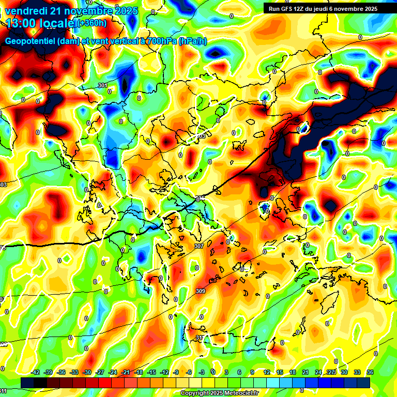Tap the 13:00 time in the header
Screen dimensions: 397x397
22,23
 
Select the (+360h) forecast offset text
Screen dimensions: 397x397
92,23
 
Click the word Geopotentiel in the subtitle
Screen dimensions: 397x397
29,41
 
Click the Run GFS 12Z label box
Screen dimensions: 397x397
323,9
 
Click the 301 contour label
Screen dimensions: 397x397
102,85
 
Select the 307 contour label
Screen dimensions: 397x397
199,247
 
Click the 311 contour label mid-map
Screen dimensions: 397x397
201,338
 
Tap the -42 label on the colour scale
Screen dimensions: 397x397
36,372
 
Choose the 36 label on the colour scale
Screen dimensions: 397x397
370,372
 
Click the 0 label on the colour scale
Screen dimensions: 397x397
213,372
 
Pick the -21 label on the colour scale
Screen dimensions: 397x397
126,372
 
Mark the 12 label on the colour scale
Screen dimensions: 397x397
266,372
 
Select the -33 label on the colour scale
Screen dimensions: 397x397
74,372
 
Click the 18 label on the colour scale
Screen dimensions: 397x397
292,372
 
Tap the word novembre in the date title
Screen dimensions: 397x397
88,11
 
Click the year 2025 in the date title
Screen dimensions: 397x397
126,11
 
